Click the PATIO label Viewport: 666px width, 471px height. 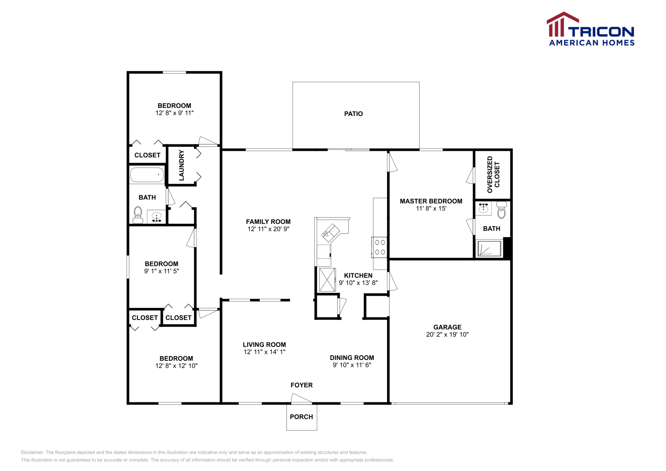pyautogui.click(x=353, y=114)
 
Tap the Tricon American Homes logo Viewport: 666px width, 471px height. pyautogui.click(x=590, y=30)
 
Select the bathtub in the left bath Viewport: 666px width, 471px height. pyautogui.click(x=147, y=175)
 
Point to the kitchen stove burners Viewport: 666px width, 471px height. pyautogui.click(x=380, y=247)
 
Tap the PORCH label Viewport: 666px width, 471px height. pyautogui.click(x=301, y=417)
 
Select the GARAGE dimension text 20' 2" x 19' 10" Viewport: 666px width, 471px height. pyautogui.click(x=447, y=335)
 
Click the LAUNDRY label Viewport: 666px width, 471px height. pyautogui.click(x=181, y=165)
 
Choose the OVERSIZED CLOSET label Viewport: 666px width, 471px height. pyautogui.click(x=493, y=174)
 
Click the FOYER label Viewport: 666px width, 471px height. pyautogui.click(x=301, y=385)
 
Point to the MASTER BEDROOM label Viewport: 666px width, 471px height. pyautogui.click(x=431, y=201)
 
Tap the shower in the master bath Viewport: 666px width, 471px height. pyautogui.click(x=489, y=248)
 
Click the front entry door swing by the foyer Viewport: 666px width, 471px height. pyautogui.click(x=301, y=399)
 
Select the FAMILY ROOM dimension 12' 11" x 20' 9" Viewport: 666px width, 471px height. pyautogui.click(x=268, y=229)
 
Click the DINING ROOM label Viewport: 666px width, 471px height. pyautogui.click(x=352, y=358)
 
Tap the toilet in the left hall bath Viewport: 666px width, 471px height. pyautogui.click(x=138, y=215)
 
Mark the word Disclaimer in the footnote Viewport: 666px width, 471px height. pyautogui.click(x=32, y=452)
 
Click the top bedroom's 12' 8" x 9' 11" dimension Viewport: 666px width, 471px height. pyautogui.click(x=174, y=113)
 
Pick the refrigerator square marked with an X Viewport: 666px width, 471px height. pyautogui.click(x=327, y=280)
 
